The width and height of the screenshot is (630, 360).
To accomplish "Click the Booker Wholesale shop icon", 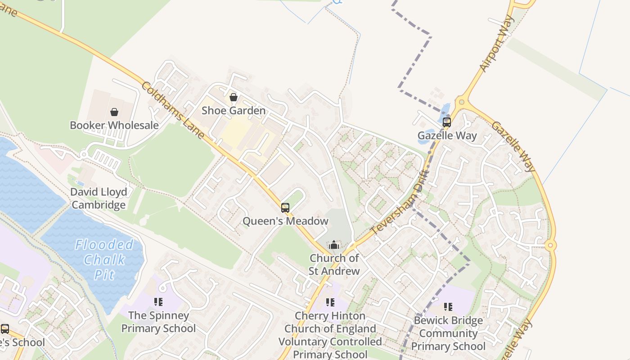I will click(x=114, y=112).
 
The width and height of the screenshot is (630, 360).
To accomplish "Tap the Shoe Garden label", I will click(x=234, y=110).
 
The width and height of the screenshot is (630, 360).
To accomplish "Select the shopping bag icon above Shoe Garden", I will click(x=234, y=97).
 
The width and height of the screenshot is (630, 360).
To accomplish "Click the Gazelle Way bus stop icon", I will click(x=446, y=122).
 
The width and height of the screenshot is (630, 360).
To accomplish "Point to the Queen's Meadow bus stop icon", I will click(x=285, y=207).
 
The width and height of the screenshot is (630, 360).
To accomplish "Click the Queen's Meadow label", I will click(x=285, y=221).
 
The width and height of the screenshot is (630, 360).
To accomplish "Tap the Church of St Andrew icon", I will click(x=334, y=245).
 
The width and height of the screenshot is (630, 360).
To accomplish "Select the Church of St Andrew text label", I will click(x=334, y=264).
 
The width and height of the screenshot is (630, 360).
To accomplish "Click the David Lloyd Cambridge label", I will click(x=99, y=198).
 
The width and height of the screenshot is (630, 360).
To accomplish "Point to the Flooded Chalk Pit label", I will click(x=104, y=259).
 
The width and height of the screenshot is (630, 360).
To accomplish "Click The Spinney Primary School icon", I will click(x=158, y=301).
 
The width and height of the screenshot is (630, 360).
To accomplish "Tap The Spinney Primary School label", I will click(x=158, y=322).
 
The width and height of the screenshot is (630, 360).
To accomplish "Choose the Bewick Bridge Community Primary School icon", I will click(x=448, y=307).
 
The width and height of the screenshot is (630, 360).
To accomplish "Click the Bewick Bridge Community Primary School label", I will click(x=448, y=333).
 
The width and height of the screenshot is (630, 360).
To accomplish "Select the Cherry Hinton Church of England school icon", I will click(x=330, y=302).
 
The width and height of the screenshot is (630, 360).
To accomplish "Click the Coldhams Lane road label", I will click(x=173, y=110).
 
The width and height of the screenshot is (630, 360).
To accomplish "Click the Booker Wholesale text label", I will click(x=114, y=125).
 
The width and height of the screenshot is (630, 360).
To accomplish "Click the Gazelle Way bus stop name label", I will click(x=447, y=135).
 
